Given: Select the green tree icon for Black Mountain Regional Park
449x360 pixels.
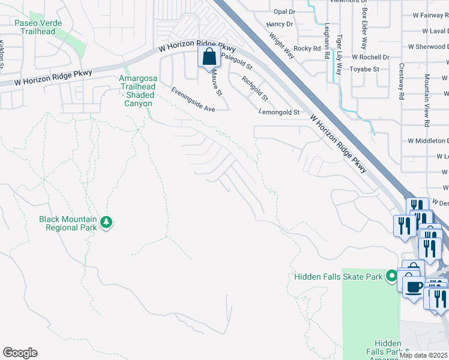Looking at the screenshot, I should (106, 223).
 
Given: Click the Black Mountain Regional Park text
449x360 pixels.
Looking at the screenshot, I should (68, 223).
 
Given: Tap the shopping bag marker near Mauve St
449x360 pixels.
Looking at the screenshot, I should (209, 58).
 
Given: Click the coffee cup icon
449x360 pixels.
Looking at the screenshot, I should (413, 286).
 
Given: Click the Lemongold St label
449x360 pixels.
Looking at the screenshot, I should (279, 112).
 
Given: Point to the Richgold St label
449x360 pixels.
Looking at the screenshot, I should (255, 88).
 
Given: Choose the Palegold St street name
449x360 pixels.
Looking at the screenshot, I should (237, 59).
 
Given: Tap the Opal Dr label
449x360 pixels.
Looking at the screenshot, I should (285, 11).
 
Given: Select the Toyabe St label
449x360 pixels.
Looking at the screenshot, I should (364, 69).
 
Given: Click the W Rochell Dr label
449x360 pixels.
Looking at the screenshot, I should (370, 57).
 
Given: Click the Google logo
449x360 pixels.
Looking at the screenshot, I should (20, 353).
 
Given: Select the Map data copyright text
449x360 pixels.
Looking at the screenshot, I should (424, 355).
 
